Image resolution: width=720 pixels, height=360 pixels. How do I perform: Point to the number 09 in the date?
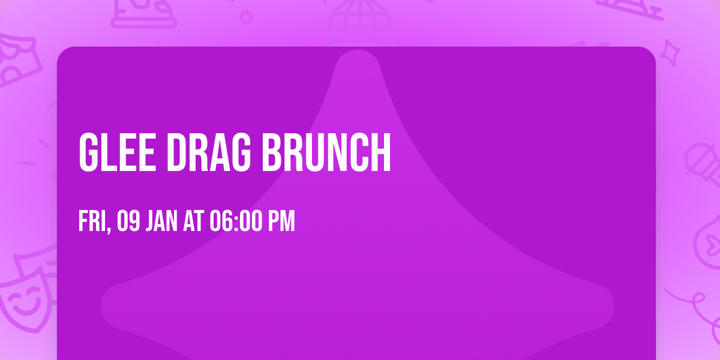click(129, 221)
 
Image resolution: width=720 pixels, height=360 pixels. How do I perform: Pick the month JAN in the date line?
click(161, 221)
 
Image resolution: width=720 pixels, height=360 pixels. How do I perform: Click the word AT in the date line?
click(194, 221)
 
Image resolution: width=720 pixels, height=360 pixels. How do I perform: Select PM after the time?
click(281, 221)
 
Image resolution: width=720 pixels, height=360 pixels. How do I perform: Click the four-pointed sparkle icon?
click(672, 52)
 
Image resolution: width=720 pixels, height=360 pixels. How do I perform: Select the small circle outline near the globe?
click(245, 17)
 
